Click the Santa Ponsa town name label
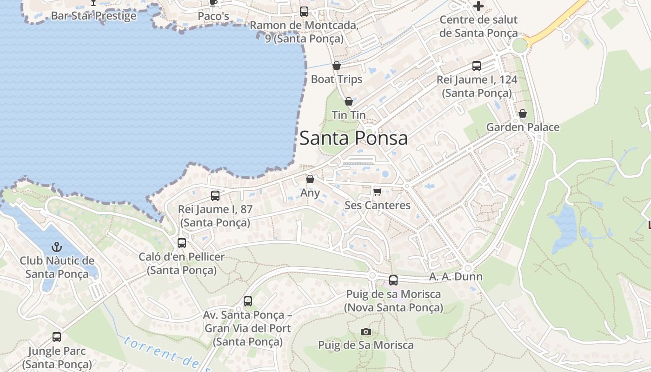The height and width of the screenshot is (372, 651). coord(353,138)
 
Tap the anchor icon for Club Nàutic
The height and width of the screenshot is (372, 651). coord(57,247)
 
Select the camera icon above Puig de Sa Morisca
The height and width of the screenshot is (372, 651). coord(366,332)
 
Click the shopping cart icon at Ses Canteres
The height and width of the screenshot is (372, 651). coord(378,192)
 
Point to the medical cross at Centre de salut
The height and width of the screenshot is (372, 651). coord(478,6)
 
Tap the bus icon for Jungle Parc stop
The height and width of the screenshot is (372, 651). coord(57,337)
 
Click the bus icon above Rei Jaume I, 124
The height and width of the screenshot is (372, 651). coord(477,66)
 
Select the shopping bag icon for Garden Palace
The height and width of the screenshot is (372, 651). coord(523,113)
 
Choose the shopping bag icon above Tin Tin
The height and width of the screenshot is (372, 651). coord(349,101)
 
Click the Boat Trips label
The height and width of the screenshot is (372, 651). coord(337,79)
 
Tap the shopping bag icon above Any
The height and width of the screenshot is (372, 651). coord(310,179)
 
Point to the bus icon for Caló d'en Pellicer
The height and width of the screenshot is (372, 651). coord(182,243)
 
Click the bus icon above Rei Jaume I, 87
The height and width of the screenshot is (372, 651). coord(215,196)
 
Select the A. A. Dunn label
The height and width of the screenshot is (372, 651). coord(456,277)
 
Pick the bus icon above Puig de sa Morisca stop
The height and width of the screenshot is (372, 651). coord(393,280)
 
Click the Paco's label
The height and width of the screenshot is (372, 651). coord(213,16)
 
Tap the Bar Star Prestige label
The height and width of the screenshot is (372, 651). coord(93,16)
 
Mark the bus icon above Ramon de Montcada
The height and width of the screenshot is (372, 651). coord(304,12)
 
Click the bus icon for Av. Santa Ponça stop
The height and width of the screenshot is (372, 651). coord(248,301)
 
